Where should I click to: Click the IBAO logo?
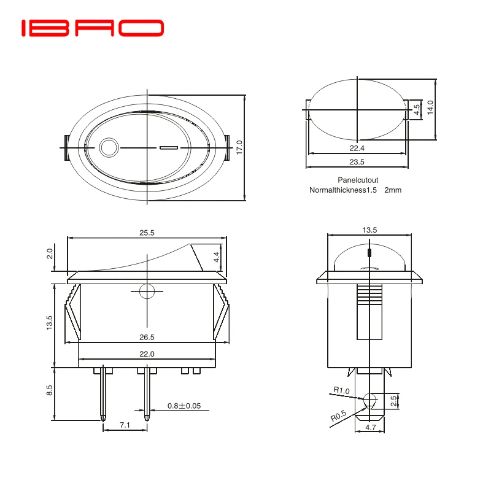point(93,28)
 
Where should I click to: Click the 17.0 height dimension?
point(239,147)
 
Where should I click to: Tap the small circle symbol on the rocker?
point(109,148)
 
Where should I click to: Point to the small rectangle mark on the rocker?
point(168,148)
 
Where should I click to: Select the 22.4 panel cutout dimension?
point(357,148)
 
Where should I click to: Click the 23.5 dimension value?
point(357,162)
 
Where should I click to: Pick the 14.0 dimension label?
point(430,108)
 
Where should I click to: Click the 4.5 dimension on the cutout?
point(417,109)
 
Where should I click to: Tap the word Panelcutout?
point(358,180)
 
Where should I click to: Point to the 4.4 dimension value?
point(215,257)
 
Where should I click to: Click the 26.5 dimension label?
point(146,337)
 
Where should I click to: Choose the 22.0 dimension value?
point(146,354)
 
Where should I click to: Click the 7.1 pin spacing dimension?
point(125,425)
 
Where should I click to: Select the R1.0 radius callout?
point(341,390)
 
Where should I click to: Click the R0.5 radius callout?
point(338,418)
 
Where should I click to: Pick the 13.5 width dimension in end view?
point(369,230)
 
